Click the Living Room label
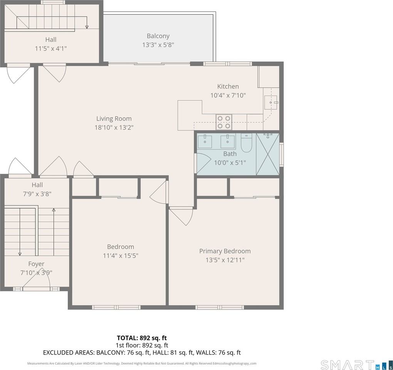[114, 119]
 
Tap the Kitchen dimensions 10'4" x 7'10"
[228, 95]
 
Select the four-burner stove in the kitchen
[223, 122]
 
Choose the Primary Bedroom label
[225, 251]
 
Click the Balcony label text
[158, 36]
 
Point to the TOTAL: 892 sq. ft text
[142, 338]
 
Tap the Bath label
[230, 154]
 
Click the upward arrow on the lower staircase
[54, 210]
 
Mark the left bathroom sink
[205, 141]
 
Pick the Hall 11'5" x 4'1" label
[50, 44]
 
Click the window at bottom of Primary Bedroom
[220, 307]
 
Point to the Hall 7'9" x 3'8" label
[37, 189]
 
